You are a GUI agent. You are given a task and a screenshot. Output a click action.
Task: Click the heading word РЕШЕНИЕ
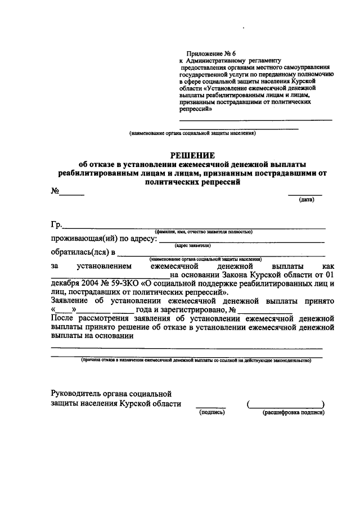tap(193, 155)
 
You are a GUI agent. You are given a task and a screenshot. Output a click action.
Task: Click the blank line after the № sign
tap(72, 194)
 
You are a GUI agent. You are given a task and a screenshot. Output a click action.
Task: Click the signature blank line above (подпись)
tap(211, 407)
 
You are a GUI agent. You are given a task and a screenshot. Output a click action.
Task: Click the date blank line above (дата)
tap(305, 193)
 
